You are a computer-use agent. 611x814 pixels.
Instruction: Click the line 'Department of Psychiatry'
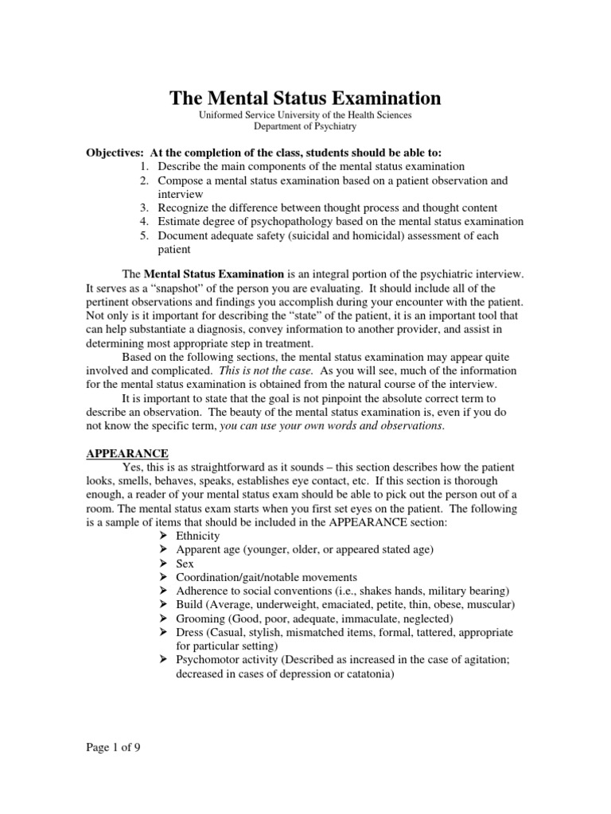305,126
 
